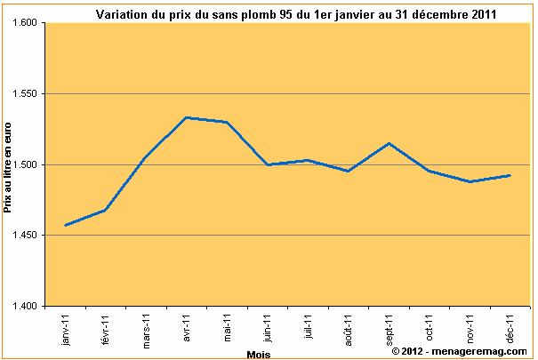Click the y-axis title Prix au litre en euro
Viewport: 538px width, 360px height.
pyautogui.click(x=7, y=167)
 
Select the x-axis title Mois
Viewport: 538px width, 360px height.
pyautogui.click(x=259, y=354)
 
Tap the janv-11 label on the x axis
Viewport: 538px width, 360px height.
pyautogui.click(x=66, y=329)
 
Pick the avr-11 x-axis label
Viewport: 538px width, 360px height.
pyautogui.click(x=188, y=327)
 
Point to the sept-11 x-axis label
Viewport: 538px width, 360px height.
pyautogui.click(x=390, y=329)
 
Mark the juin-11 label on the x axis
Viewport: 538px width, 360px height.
pyautogui.click(x=268, y=328)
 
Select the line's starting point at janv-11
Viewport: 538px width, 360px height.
pyautogui.click(x=66, y=225)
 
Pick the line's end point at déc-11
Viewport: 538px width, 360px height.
pyautogui.click(x=510, y=175)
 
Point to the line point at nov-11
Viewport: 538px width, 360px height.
pyautogui.click(x=470, y=181)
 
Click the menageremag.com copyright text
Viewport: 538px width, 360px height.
pyautogui.click(x=459, y=352)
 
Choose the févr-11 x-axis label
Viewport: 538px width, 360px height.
pyautogui.click(x=106, y=329)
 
